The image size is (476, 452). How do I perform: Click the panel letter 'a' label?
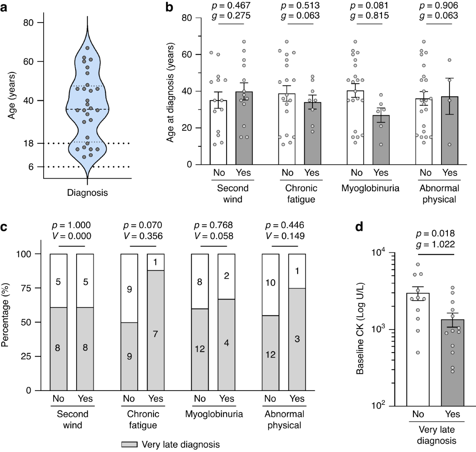(4, 7)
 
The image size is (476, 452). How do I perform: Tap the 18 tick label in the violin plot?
(29, 143)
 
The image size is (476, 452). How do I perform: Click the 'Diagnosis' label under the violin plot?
(87, 193)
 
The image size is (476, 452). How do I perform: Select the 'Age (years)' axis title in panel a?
(12, 95)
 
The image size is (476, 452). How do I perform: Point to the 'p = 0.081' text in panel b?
(369, 6)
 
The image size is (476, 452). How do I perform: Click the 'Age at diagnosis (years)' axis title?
(171, 93)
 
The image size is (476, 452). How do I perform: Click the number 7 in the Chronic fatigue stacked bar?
(155, 334)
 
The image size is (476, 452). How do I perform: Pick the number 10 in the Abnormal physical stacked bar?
(271, 282)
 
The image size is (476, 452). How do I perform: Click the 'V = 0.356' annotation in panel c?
(143, 236)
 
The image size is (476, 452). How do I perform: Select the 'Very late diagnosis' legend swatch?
(129, 444)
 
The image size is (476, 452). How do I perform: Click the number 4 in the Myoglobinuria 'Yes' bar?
(226, 343)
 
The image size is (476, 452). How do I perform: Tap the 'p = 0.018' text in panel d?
(436, 233)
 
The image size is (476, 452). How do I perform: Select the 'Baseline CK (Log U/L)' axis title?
(360, 329)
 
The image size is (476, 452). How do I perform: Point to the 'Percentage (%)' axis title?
(5, 323)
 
